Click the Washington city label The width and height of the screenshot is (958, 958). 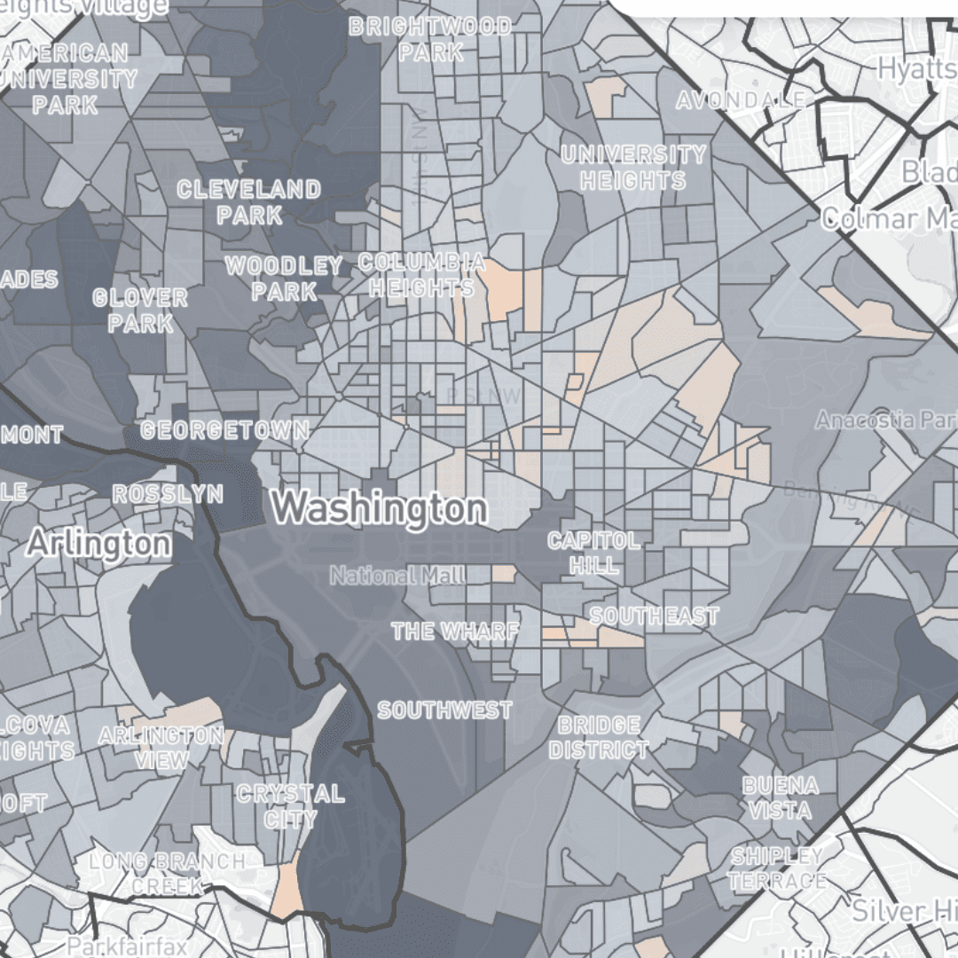point(380,509)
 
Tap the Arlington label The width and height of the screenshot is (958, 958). point(98,543)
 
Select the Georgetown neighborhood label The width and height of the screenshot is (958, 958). point(225,431)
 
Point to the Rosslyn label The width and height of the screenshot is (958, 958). point(168,494)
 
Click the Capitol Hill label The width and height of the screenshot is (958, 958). point(593,553)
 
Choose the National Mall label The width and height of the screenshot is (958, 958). point(397,576)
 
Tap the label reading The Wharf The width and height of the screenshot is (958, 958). point(455,632)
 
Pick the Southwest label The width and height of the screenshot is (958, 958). point(444,711)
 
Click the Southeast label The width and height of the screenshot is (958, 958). point(654,616)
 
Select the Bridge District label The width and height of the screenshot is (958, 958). point(599,738)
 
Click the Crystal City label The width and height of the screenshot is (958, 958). point(290,805)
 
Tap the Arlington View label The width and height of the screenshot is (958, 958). point(161,748)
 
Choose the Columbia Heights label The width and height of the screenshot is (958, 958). point(422,275)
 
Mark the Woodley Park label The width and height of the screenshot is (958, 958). point(284,279)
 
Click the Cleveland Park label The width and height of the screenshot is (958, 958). point(249,202)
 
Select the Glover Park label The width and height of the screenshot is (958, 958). point(140,310)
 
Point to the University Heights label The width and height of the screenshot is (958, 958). point(634,168)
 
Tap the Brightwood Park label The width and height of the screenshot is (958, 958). point(430,40)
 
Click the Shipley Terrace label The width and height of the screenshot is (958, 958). point(777,868)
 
